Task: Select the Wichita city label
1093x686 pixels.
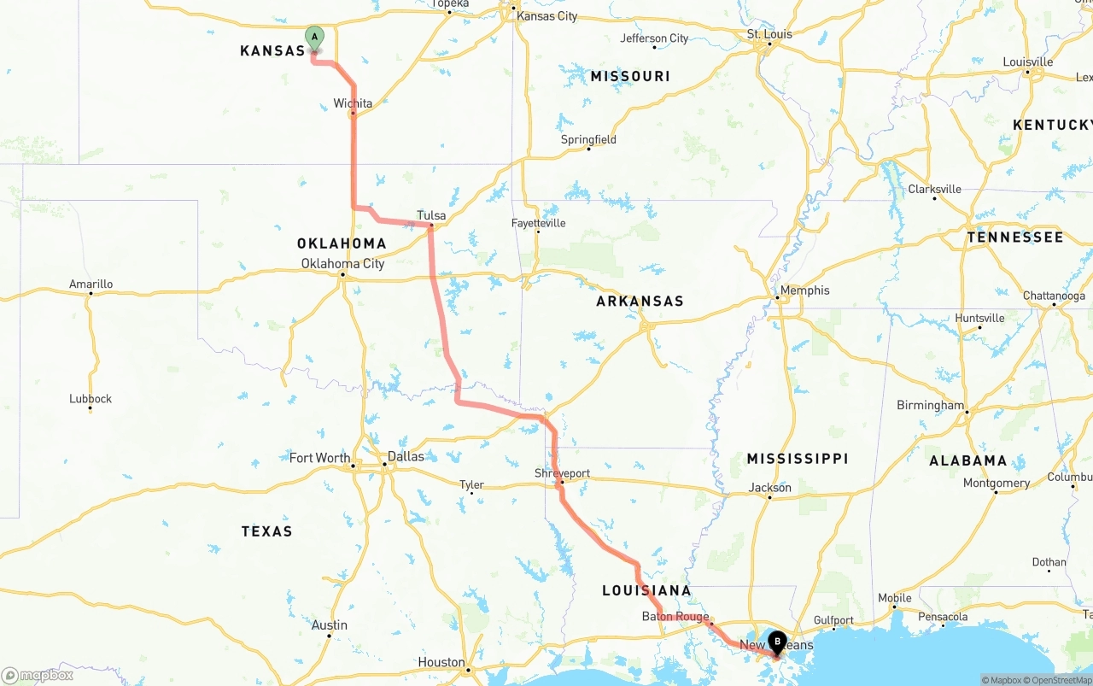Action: tap(353, 103)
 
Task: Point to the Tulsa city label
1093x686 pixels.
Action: tap(431, 215)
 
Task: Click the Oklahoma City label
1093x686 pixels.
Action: tap(342, 264)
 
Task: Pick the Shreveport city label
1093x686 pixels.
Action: tap(562, 473)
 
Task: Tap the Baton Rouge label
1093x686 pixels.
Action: tap(675, 617)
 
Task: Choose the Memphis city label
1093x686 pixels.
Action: tap(804, 290)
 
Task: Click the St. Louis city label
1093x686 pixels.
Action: tap(769, 34)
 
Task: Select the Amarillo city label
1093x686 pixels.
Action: tap(91, 284)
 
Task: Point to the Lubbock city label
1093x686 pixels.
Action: tap(91, 399)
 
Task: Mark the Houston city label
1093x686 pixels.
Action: tap(441, 662)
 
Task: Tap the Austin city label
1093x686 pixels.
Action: tap(330, 625)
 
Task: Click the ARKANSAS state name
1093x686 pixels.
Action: tap(640, 302)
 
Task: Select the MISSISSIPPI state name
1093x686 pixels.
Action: tap(798, 459)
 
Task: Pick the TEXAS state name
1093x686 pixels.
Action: tap(266, 531)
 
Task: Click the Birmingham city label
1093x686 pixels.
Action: tap(930, 406)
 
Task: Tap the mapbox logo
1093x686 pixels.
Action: tap(38, 676)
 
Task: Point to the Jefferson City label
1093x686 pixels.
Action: tap(654, 38)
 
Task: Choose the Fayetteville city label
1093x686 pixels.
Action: tap(538, 223)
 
